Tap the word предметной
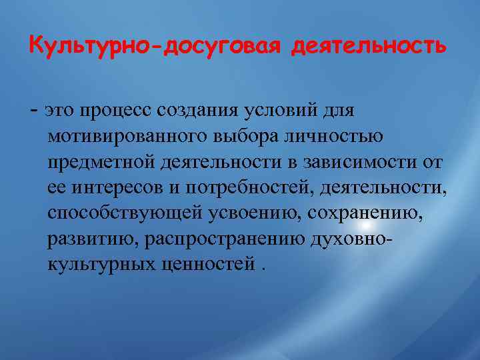[x=98, y=162]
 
